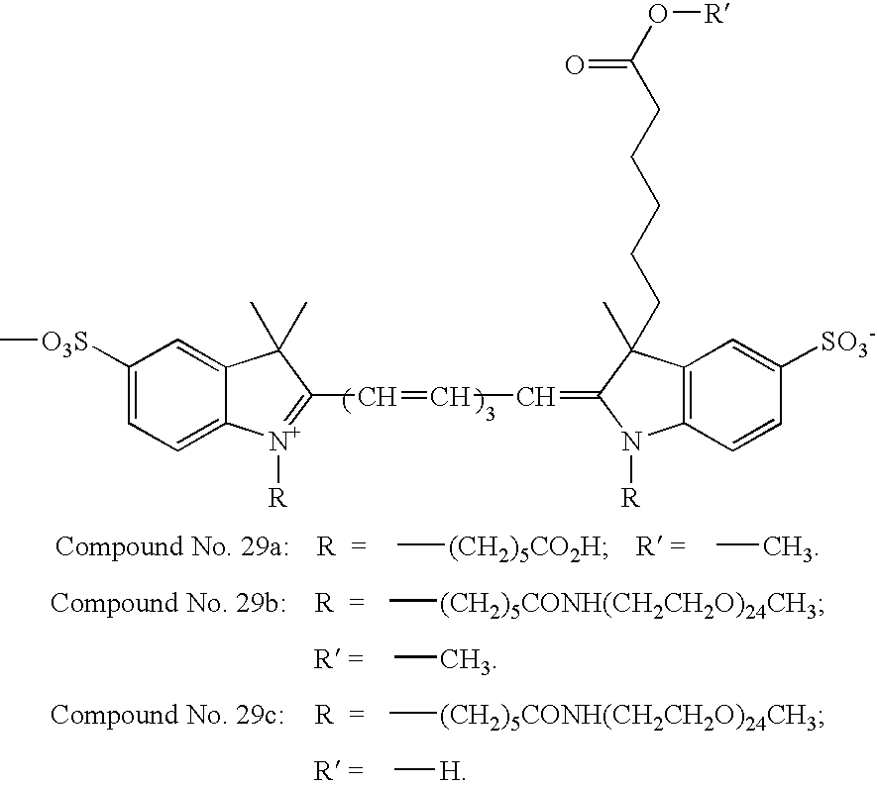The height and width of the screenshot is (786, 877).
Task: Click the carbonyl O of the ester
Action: pyautogui.click(x=574, y=67)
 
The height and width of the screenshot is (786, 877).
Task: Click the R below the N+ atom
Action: pyautogui.click(x=278, y=498)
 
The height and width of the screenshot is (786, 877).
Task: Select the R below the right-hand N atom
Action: pyautogui.click(x=629, y=498)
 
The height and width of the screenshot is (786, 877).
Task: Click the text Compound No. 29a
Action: pyautogui.click(x=172, y=547)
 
